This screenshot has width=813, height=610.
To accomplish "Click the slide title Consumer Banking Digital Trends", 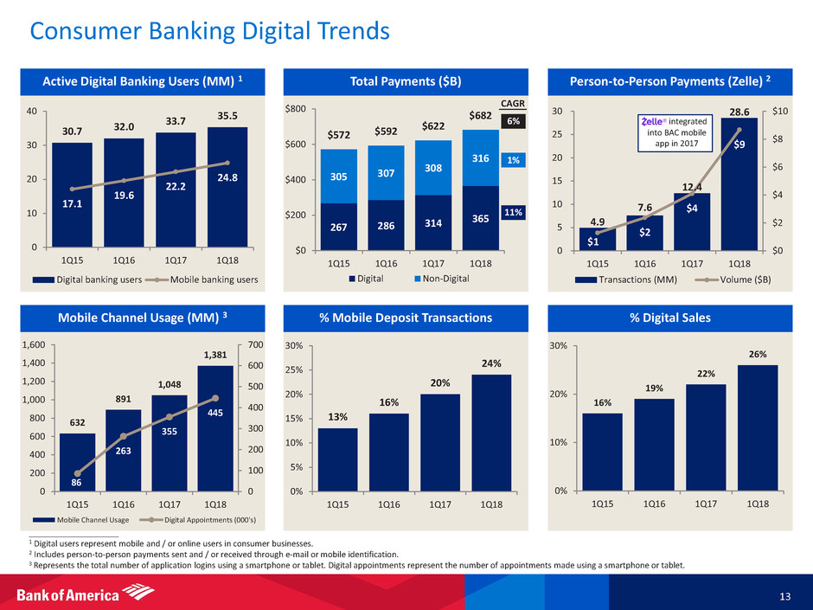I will [209, 32].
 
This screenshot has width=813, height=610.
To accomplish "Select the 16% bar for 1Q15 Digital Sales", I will [602, 452].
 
